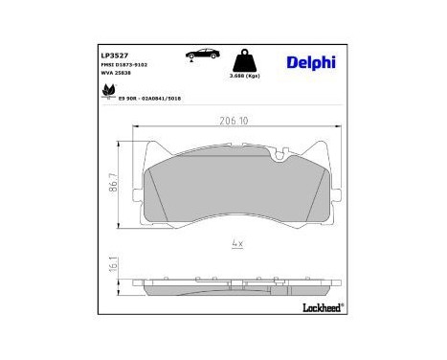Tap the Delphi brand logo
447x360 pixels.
(x=310, y=62)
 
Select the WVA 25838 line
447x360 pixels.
(x=118, y=75)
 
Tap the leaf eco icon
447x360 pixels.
(x=106, y=93)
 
